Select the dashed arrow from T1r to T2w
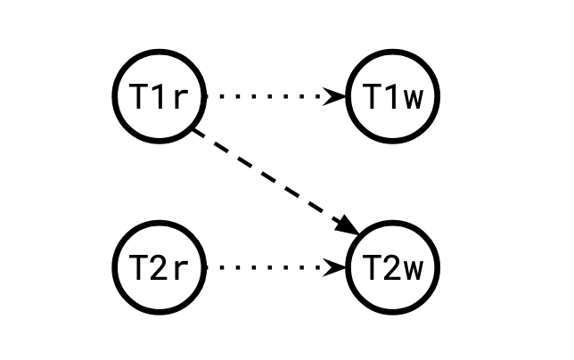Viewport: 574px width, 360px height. [x=267, y=178]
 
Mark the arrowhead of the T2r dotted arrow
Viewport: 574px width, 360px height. [x=336, y=266]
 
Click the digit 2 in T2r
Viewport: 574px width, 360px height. [x=160, y=266]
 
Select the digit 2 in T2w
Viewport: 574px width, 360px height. [x=393, y=266]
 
